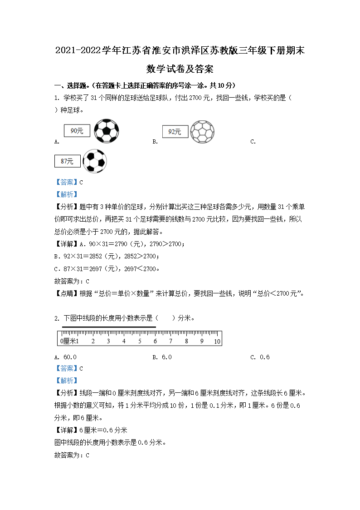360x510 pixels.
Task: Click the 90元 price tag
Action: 77,131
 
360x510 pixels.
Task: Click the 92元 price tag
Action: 175,132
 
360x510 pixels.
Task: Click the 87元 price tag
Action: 67,161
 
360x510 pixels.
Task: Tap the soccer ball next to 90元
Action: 107,131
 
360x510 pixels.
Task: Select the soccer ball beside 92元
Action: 202,132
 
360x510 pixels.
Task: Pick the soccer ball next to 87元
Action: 95,161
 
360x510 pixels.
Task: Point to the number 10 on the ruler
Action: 217,342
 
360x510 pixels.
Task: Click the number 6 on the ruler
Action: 155,342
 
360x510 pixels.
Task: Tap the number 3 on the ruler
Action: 108,342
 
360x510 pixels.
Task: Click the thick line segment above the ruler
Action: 109,327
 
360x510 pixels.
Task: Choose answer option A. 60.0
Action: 65,357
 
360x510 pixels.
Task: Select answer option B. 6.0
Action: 162,357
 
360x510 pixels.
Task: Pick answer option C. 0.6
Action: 260,357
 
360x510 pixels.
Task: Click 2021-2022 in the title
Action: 78,51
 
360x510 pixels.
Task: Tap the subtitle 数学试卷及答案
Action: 180,69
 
